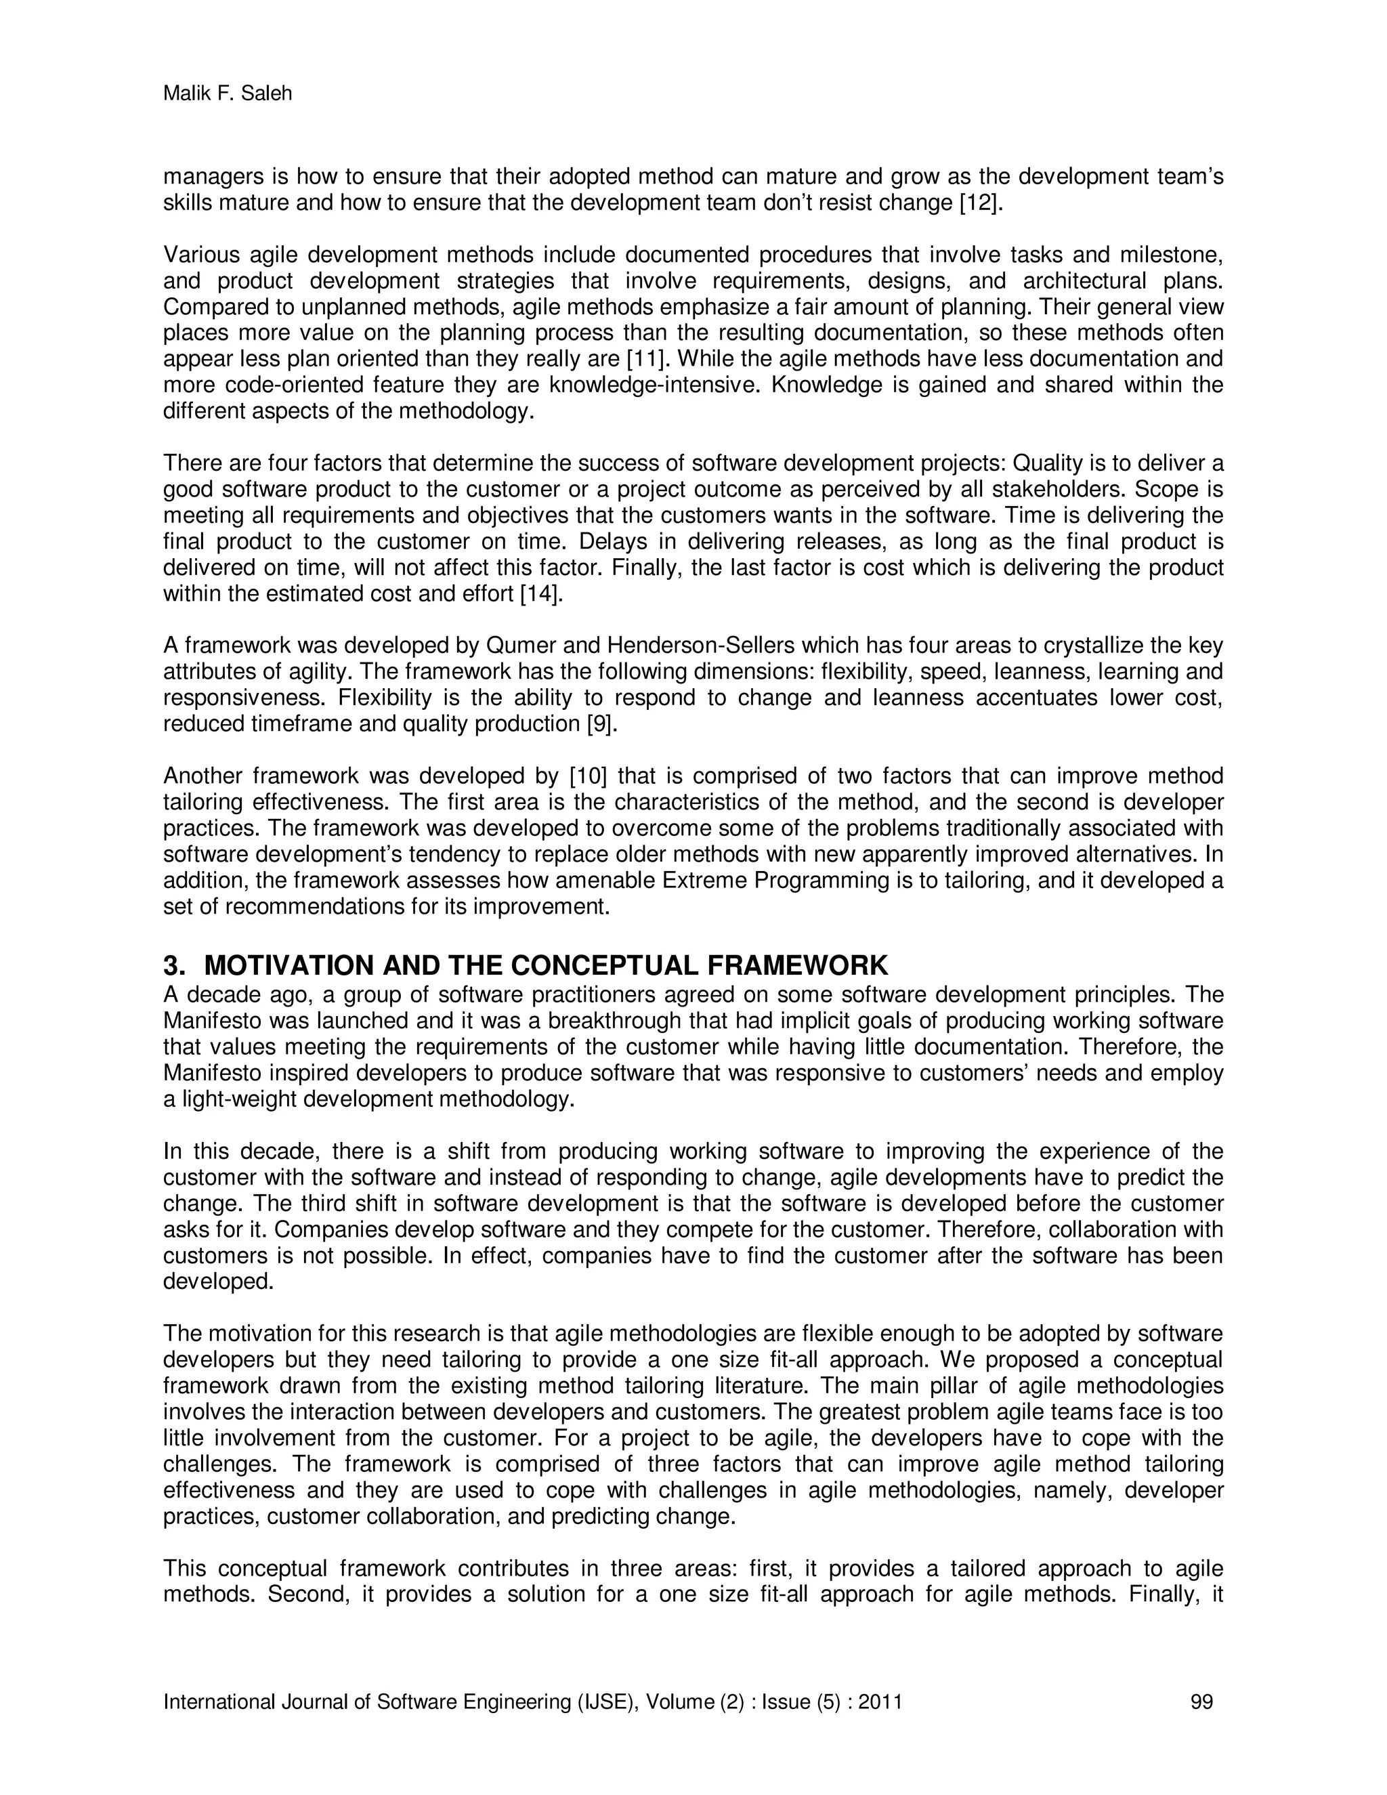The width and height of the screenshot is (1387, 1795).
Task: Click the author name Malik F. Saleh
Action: [x=228, y=93]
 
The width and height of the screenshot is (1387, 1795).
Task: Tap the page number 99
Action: [x=1201, y=1702]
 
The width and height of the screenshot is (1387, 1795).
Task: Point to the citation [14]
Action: [x=542, y=594]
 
